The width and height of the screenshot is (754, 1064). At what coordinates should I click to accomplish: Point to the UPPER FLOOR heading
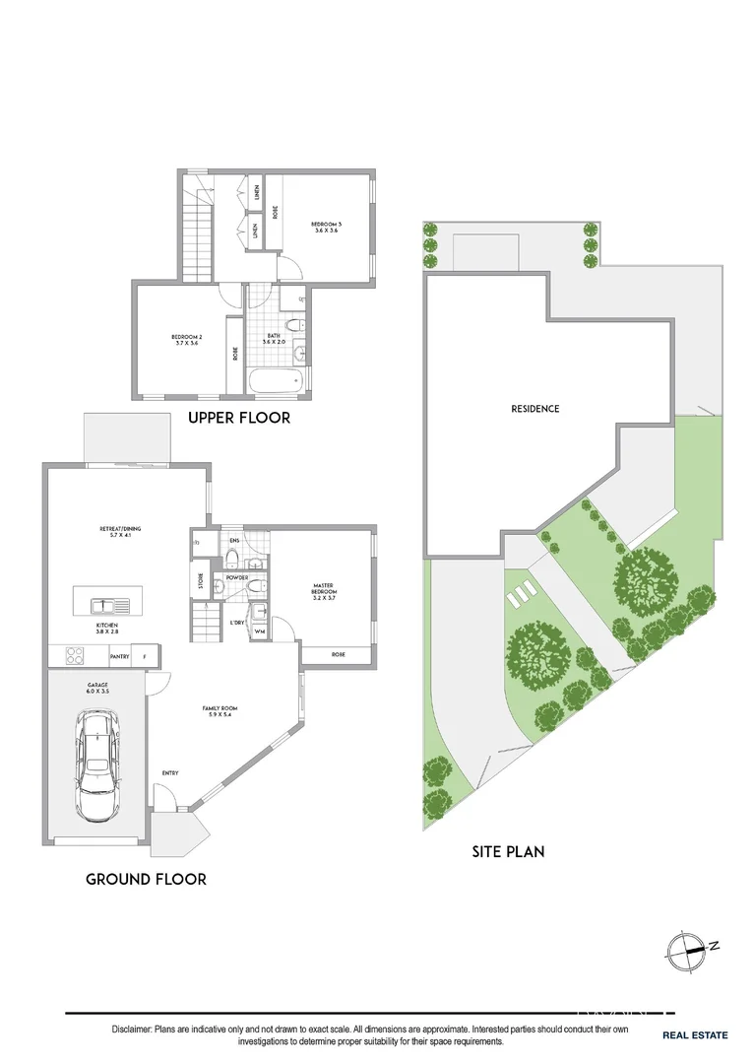point(239,418)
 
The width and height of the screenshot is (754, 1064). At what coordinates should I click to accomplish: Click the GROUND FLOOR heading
point(146,879)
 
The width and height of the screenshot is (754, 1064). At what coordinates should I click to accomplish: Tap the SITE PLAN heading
point(507,850)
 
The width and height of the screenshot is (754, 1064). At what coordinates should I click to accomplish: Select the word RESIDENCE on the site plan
point(534,409)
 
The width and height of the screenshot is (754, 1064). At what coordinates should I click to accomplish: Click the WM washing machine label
point(260,632)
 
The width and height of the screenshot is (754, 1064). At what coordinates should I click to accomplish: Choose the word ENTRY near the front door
point(169,772)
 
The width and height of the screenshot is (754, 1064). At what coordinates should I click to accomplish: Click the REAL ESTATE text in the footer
point(694,1034)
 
